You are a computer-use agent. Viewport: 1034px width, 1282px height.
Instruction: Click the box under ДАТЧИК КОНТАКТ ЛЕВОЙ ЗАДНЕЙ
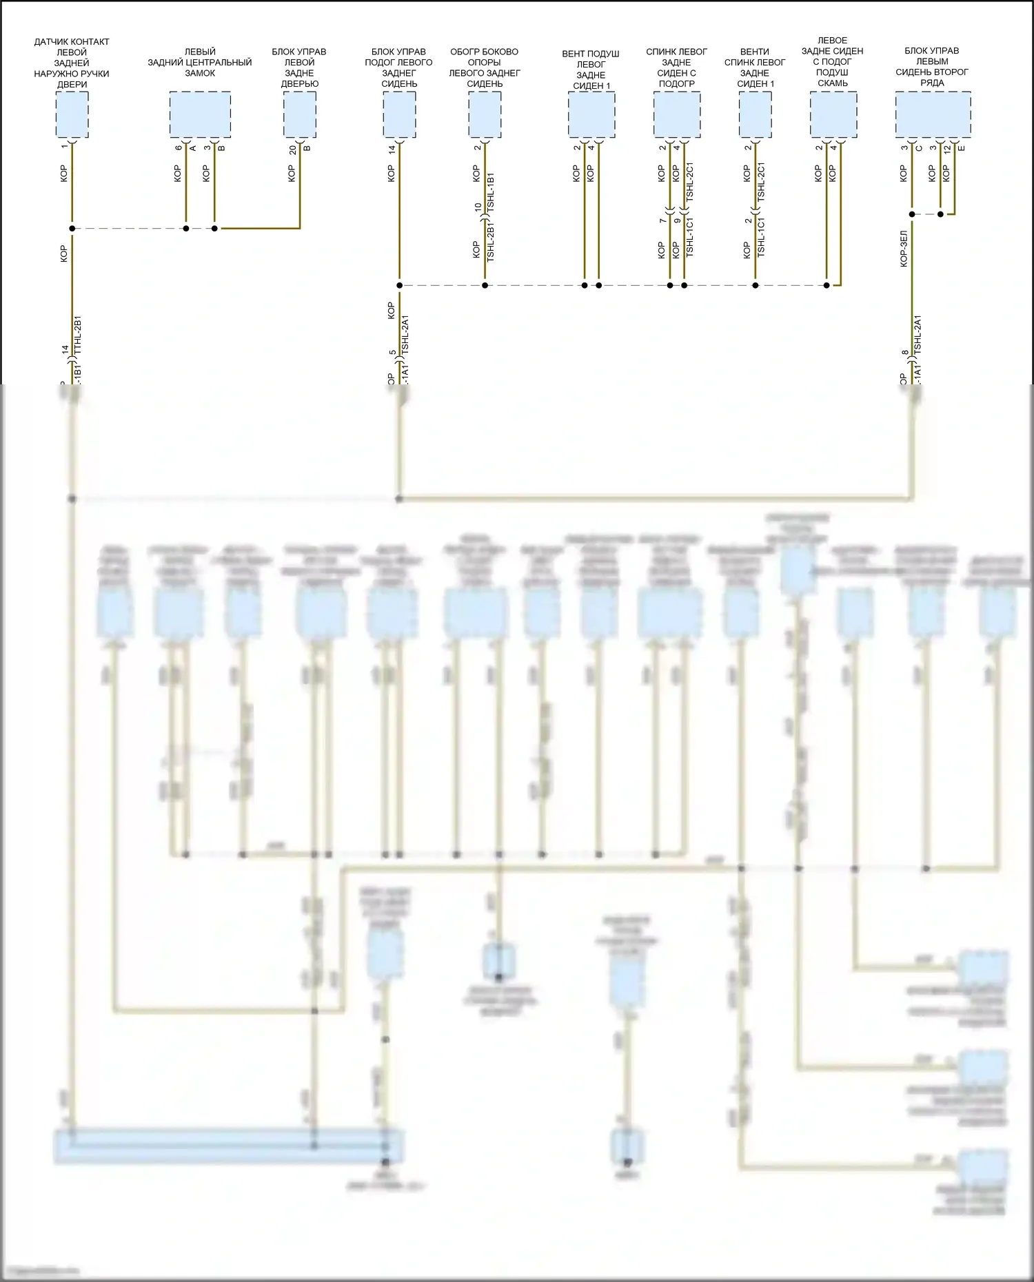point(72,114)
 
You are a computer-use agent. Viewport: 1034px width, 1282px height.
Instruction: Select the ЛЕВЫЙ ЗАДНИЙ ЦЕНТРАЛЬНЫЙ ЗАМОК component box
point(200,114)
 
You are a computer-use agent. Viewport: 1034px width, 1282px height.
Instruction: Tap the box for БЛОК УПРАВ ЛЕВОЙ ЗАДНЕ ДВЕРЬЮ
point(300,114)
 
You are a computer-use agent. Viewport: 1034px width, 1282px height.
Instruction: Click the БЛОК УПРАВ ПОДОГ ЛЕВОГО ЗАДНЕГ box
point(399,114)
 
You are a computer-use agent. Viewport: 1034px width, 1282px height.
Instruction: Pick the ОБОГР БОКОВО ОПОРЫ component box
point(485,114)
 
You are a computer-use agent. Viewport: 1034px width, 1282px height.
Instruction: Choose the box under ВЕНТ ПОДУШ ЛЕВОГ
point(591,114)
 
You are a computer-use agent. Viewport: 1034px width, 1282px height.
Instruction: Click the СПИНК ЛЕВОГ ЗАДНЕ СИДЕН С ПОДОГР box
point(677,114)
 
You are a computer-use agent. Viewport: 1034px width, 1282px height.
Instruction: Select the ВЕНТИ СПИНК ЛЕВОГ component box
point(755,114)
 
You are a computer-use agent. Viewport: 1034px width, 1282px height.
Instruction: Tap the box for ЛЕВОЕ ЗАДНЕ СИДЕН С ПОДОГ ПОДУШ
point(833,114)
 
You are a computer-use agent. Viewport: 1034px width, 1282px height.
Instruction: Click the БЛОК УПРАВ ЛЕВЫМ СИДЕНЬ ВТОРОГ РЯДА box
point(933,114)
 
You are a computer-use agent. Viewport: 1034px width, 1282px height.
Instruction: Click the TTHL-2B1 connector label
point(78,335)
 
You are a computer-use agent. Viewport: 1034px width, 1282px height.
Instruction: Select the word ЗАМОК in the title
point(200,73)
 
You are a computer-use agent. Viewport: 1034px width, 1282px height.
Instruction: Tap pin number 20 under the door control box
point(293,149)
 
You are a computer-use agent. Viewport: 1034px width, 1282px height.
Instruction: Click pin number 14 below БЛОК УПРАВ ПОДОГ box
point(392,149)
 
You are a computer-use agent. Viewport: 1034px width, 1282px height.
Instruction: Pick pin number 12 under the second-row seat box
point(947,149)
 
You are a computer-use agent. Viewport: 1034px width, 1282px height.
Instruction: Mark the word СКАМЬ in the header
point(833,83)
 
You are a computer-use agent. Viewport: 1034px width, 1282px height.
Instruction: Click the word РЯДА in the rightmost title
point(932,83)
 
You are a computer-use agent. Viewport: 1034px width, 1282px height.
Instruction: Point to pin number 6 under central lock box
point(179,148)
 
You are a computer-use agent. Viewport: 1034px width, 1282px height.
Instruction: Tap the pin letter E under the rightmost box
point(962,148)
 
